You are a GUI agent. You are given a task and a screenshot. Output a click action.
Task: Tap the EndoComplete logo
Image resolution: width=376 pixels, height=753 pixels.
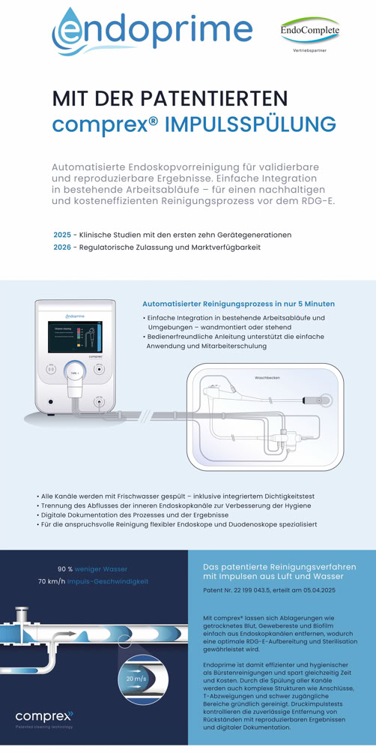click(x=309, y=31)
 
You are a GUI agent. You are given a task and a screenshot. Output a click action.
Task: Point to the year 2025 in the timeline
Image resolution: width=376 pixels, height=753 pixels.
click(x=62, y=235)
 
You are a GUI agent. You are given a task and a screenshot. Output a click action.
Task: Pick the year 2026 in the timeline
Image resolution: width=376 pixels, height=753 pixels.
click(x=62, y=247)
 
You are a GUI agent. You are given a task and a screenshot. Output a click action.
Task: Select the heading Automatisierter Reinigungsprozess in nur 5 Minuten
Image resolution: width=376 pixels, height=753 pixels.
click(x=238, y=304)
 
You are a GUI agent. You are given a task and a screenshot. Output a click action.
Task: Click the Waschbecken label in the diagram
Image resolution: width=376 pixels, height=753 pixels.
click(x=267, y=377)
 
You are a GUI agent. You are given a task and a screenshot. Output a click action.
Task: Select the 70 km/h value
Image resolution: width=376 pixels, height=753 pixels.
click(x=52, y=581)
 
